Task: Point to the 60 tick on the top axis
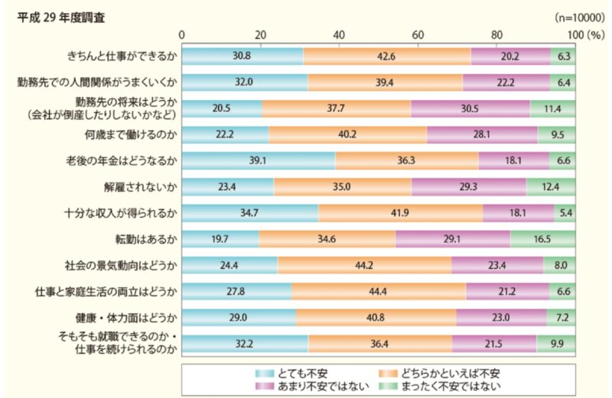418,34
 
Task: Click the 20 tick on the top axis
261,34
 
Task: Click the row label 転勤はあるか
145,239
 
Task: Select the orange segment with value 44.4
378,291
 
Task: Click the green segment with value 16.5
542,239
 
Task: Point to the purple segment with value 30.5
470,108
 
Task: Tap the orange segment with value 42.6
386,56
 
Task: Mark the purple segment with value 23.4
497,265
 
